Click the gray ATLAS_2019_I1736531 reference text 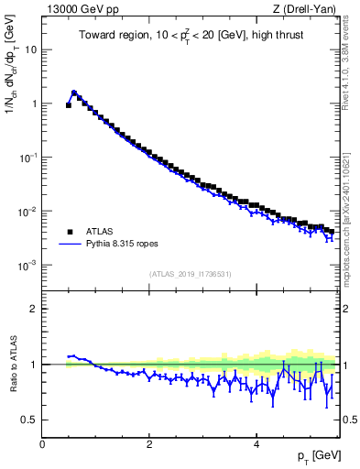click(x=191, y=274)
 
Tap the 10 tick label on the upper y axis click(x=31, y=49)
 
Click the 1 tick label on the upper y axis click(x=34, y=104)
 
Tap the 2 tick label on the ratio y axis click(x=34, y=309)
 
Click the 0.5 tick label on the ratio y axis click(x=29, y=420)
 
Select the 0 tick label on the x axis click(x=42, y=443)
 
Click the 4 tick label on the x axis click(x=256, y=443)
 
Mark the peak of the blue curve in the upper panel click(x=74, y=92)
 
